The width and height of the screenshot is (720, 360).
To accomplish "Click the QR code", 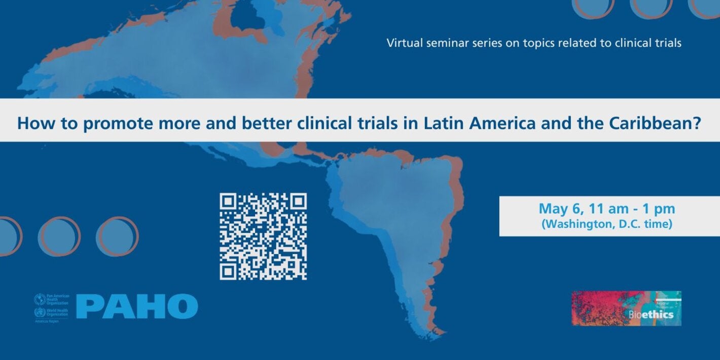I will (x=263, y=236).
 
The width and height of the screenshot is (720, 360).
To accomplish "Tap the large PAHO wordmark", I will (x=137, y=306).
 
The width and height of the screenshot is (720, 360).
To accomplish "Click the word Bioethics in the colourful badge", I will (x=651, y=315).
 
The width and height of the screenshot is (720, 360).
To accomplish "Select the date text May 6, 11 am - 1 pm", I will (x=606, y=208).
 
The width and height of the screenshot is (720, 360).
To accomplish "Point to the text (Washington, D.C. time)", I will (x=606, y=224).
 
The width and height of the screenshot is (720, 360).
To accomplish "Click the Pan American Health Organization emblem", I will (x=39, y=299).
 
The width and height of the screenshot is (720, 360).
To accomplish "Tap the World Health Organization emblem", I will (x=39, y=312).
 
